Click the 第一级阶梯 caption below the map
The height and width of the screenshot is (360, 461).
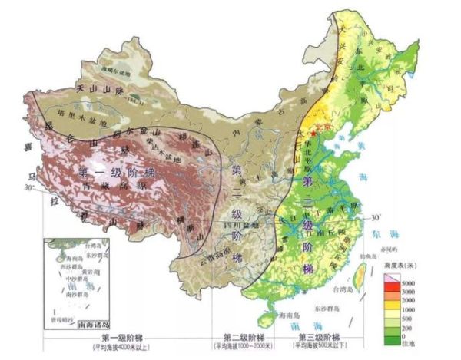pos(123,338)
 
